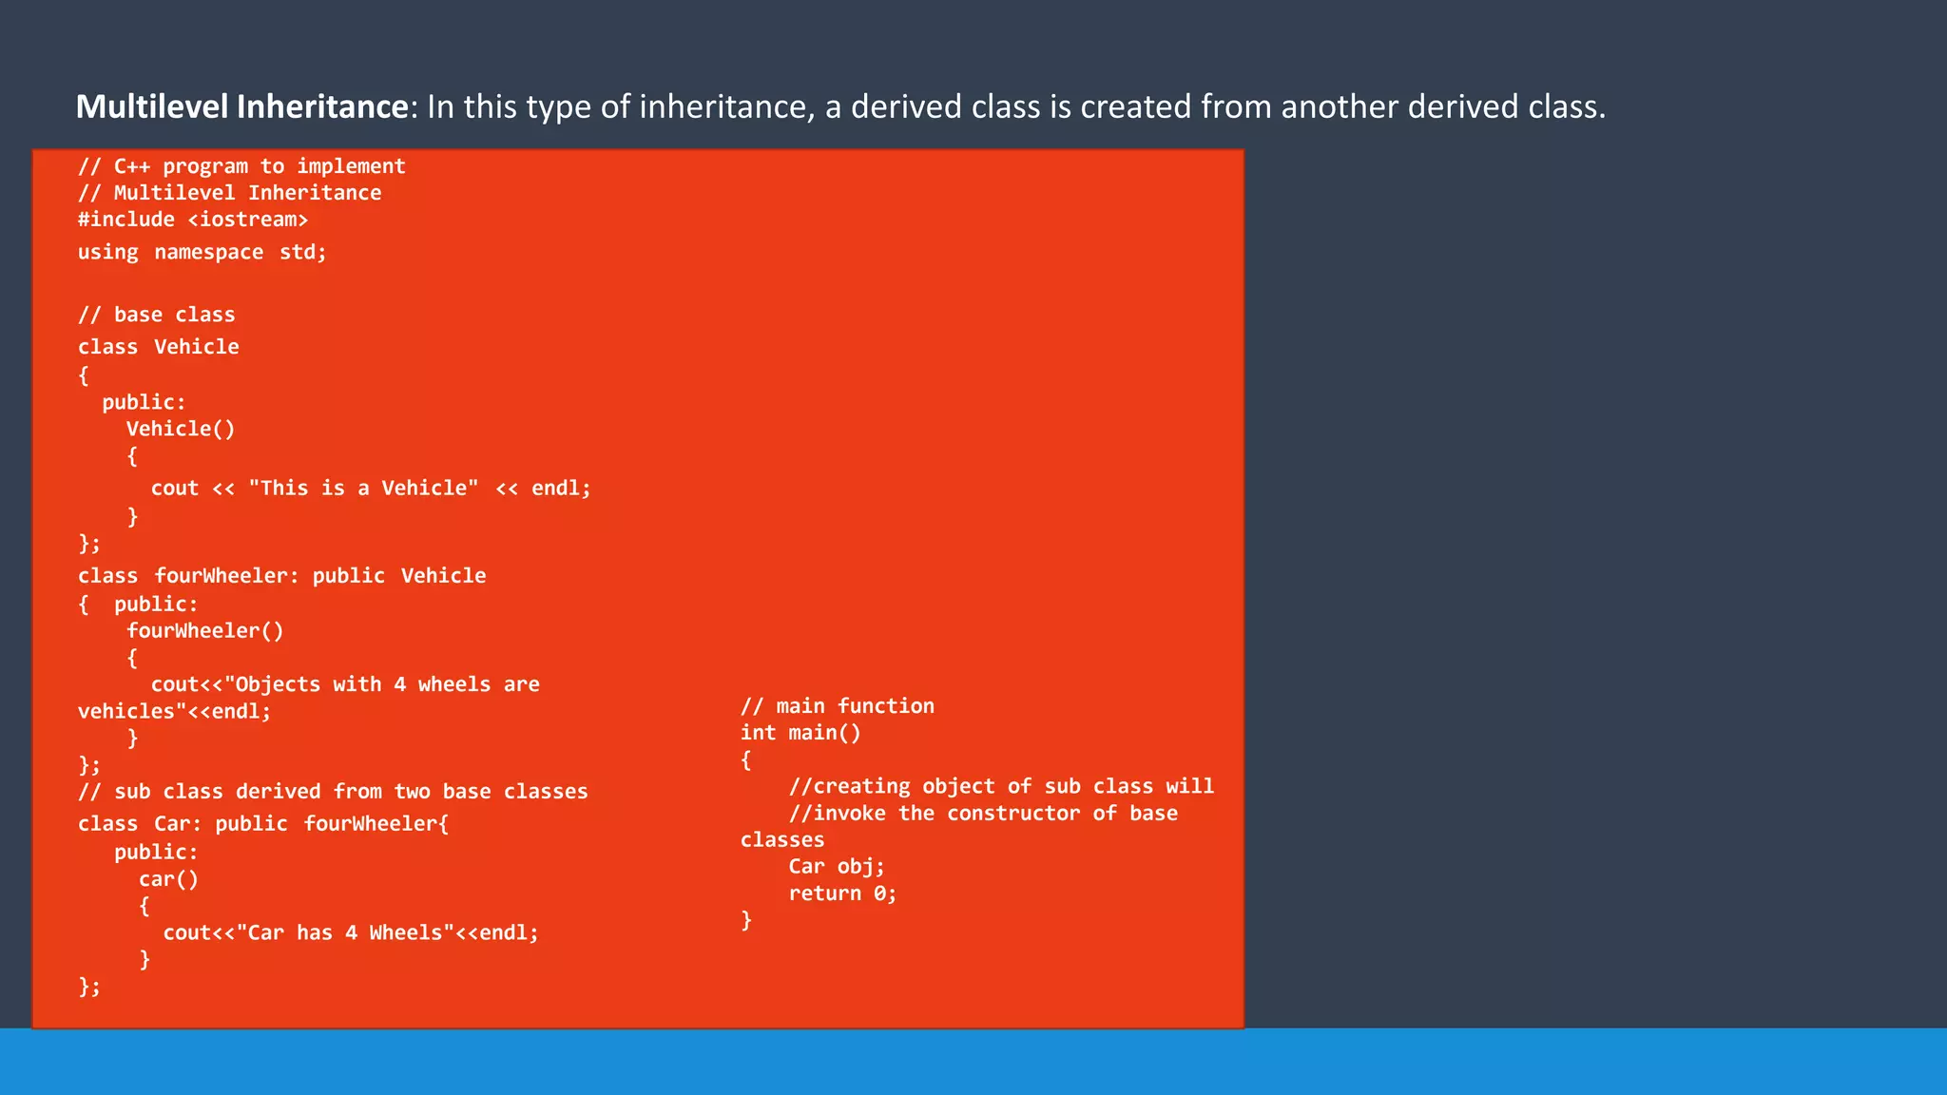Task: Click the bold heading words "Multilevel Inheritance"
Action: pyautogui.click(x=241, y=106)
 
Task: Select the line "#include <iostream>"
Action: pyautogui.click(x=193, y=220)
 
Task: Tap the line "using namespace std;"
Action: pyautogui.click(x=202, y=252)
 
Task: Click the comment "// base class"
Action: pyautogui.click(x=156, y=315)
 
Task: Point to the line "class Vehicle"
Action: pyautogui.click(x=158, y=347)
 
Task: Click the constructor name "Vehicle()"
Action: pyautogui.click(x=181, y=429)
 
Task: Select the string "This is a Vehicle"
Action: pyautogui.click(x=364, y=489)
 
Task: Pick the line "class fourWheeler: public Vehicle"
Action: pyautogui.click(x=281, y=576)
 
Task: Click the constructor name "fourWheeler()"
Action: pyautogui.click(x=205, y=631)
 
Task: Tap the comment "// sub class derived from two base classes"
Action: pyautogui.click(x=333, y=792)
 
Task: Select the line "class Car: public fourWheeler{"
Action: pyautogui.click(x=263, y=824)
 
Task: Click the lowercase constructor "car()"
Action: pyautogui.click(x=168, y=879)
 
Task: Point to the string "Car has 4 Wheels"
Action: pyautogui.click(x=345, y=933)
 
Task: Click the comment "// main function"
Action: pyautogui.click(x=837, y=706)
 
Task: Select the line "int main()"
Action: pyautogui.click(x=800, y=733)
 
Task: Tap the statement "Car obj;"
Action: pyautogui.click(x=837, y=867)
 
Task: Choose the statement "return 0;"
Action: pyautogui.click(x=842, y=893)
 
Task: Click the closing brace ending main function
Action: pyautogui.click(x=746, y=920)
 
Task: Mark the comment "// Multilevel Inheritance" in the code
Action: pyautogui.click(x=229, y=193)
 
